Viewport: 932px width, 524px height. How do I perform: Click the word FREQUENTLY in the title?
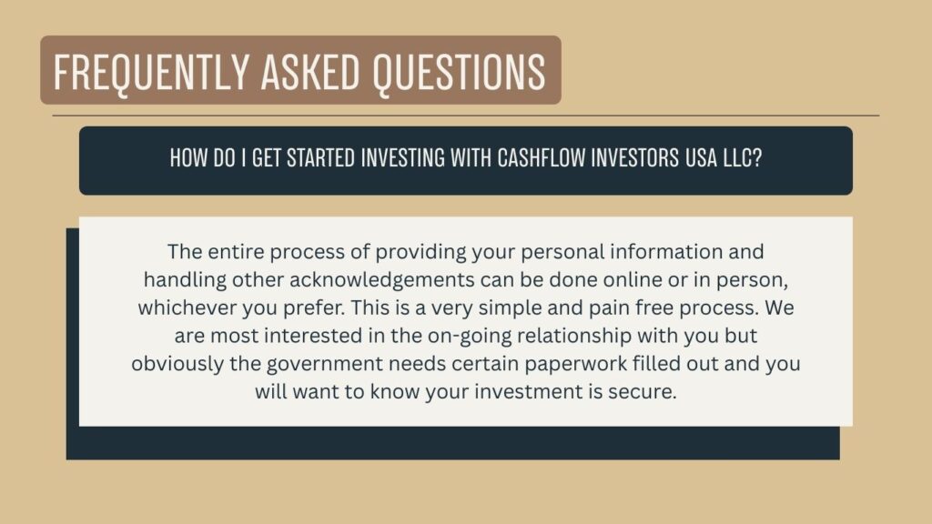[152, 72]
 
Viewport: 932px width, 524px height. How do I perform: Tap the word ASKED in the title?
[310, 72]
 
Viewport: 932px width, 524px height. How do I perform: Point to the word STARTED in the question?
[321, 158]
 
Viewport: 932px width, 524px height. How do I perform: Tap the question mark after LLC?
[756, 158]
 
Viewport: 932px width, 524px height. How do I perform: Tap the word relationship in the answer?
[574, 336]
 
